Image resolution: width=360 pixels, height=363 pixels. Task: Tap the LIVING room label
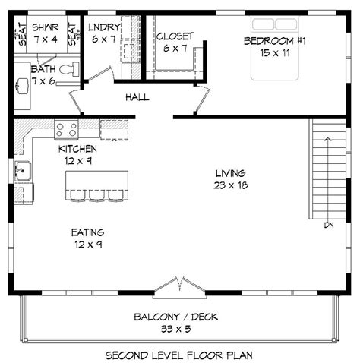(x=230, y=172)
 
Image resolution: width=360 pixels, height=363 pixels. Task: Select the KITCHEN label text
(x=77, y=149)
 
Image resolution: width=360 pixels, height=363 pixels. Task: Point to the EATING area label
(x=87, y=232)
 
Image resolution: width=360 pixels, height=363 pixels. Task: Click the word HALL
(x=137, y=97)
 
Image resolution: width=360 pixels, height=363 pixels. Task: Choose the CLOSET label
(x=175, y=36)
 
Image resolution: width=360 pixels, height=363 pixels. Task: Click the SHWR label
(x=46, y=27)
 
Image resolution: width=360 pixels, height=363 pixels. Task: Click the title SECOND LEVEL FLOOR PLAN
(x=178, y=354)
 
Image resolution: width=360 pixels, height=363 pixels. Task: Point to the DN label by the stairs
(x=328, y=225)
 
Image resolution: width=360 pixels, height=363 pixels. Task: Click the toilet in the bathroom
(x=69, y=70)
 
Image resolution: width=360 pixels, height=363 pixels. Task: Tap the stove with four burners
(x=66, y=129)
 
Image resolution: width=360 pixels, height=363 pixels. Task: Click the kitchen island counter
(x=96, y=181)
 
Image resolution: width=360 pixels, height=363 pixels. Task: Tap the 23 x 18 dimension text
(x=230, y=185)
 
